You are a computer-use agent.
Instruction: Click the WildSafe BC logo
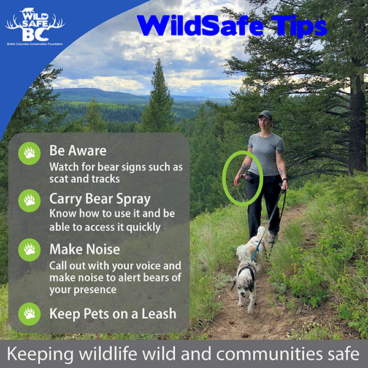(35, 26)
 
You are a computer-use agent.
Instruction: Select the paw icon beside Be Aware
(29, 153)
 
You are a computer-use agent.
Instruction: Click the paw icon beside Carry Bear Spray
(29, 201)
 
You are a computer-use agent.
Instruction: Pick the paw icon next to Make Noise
(29, 250)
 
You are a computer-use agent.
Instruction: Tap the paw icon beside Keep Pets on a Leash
(29, 314)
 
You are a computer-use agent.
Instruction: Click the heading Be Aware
(78, 150)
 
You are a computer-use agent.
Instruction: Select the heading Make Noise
(85, 249)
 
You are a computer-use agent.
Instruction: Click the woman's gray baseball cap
(266, 115)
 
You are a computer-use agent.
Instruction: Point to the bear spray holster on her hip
(248, 178)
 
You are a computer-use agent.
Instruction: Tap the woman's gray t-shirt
(266, 154)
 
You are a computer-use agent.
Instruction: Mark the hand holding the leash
(285, 185)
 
